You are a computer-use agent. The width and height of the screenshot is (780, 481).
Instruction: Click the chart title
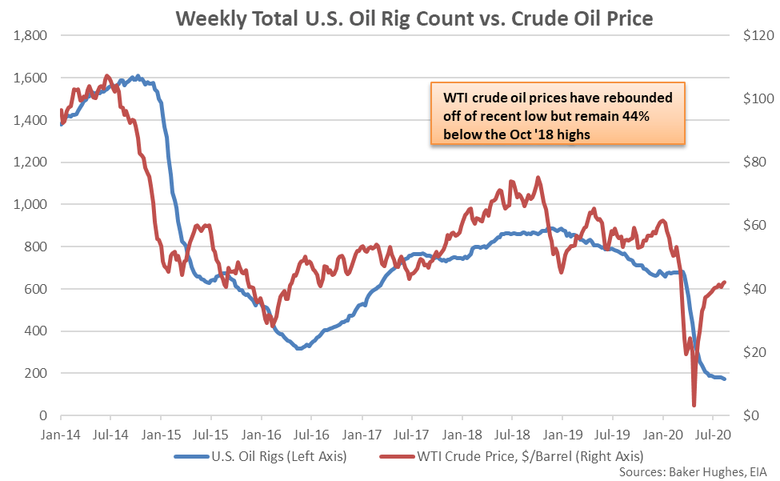pyautogui.click(x=390, y=17)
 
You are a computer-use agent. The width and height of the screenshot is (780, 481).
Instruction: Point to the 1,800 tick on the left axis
pyautogui.click(x=30, y=36)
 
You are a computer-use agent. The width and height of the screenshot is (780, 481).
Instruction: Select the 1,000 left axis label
pyautogui.click(x=30, y=204)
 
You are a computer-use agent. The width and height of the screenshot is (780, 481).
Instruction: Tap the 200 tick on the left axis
pyautogui.click(x=37, y=373)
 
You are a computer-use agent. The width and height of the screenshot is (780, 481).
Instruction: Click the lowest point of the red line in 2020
pyautogui.click(x=694, y=405)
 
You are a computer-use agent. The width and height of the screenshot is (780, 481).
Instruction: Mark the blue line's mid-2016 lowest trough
pyautogui.click(x=298, y=349)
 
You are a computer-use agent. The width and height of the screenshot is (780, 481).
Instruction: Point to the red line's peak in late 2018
pyautogui.click(x=538, y=178)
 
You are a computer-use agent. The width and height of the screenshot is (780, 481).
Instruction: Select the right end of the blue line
pyautogui.click(x=725, y=379)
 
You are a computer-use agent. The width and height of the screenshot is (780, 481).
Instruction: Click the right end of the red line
pyautogui.click(x=725, y=282)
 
